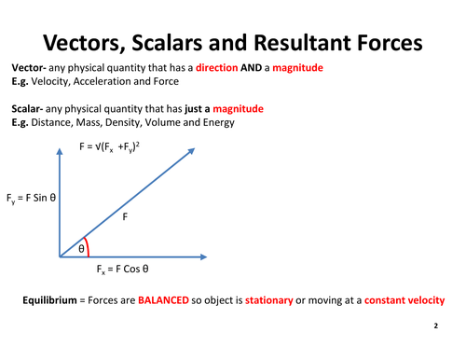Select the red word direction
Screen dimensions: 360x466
click(218, 69)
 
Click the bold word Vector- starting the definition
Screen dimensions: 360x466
click(31, 69)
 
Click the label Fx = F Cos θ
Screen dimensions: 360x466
click(125, 270)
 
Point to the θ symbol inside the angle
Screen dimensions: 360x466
click(81, 248)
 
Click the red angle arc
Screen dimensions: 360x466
click(86, 244)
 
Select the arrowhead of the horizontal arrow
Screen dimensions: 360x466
click(200, 256)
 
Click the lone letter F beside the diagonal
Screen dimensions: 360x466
click(125, 215)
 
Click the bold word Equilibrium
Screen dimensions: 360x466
click(55, 300)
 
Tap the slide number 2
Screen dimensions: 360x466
click(435, 328)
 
